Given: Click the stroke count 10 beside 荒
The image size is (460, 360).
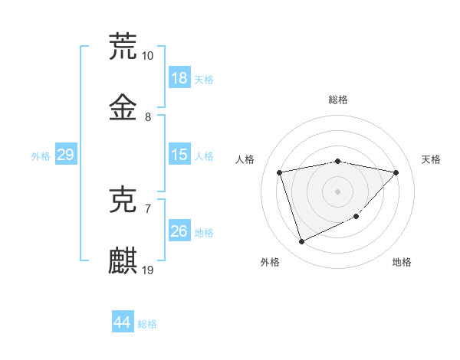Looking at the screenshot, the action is (x=148, y=56).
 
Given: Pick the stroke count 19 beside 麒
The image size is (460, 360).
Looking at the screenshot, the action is (x=148, y=270).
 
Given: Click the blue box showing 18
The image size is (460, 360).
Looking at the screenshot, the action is (x=179, y=78).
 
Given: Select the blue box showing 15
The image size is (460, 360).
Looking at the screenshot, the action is (x=179, y=155).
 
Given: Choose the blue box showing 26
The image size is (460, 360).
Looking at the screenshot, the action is (x=179, y=231).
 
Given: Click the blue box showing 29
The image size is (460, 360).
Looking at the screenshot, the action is (x=65, y=155).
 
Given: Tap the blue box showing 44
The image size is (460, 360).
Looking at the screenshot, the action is (x=122, y=322).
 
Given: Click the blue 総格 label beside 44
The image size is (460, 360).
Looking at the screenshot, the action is (x=147, y=324).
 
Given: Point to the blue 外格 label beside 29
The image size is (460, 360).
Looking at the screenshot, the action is (x=41, y=156).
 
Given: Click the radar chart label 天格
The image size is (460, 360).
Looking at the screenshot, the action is (x=431, y=159).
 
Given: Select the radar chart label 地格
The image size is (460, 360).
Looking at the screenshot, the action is (x=402, y=262).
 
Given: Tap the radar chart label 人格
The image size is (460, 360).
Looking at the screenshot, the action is (x=245, y=159).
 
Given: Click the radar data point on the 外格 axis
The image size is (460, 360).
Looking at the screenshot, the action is (x=301, y=242).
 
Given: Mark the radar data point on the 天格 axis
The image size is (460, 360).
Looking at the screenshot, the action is (x=396, y=172).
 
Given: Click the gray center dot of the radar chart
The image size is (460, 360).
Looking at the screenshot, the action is (x=337, y=191).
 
